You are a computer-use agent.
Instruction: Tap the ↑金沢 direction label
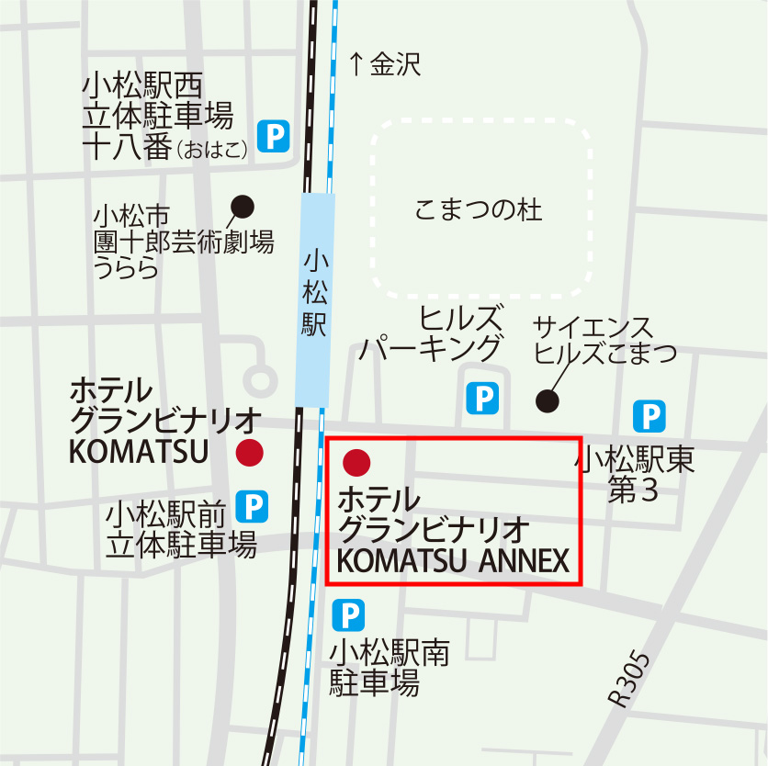coord(384,64)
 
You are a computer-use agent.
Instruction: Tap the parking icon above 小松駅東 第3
coord(649,417)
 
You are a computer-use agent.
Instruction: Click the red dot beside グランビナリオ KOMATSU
coord(249,452)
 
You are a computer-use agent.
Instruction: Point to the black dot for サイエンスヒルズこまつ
coord(548,400)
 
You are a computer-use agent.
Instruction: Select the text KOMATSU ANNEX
coord(454,560)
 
